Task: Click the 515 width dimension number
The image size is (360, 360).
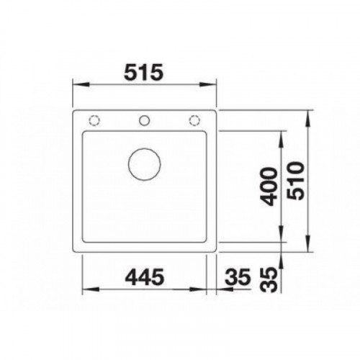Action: (143, 72)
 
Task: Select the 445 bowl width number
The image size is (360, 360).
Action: (145, 276)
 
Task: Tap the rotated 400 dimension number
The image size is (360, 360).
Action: (269, 186)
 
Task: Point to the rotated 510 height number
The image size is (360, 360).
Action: (296, 181)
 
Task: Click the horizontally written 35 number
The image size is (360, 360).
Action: (238, 276)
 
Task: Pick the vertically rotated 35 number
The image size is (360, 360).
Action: (269, 279)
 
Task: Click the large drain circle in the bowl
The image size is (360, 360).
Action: (145, 164)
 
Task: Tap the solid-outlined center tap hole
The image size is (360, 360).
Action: (145, 120)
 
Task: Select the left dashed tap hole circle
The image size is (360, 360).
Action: (94, 120)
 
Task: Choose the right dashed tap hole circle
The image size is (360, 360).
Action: (194, 120)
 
